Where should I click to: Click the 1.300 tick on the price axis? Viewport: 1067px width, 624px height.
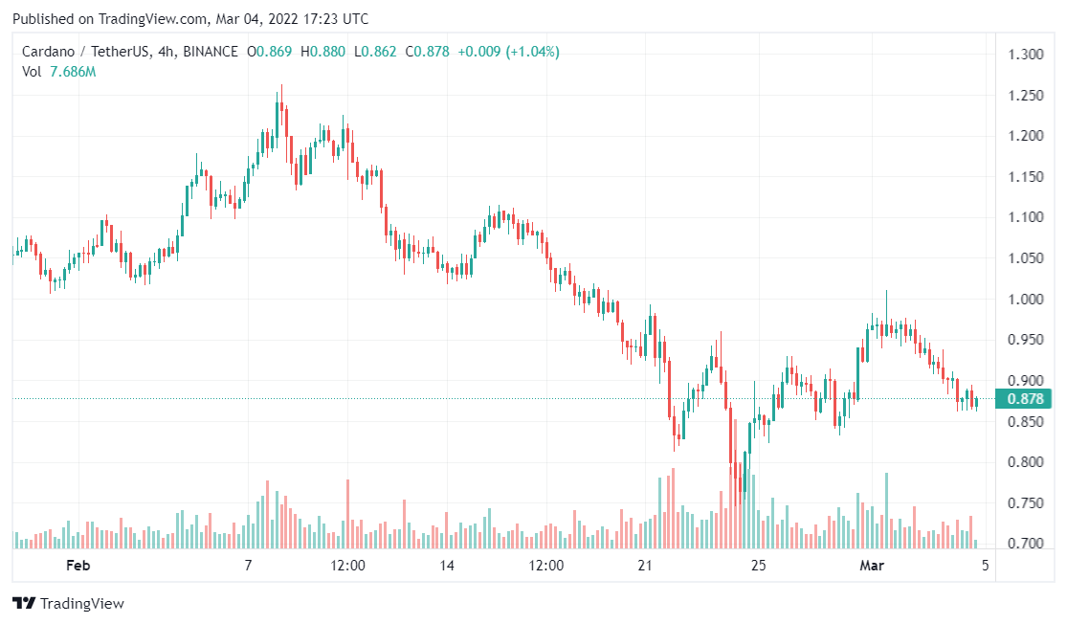[1026, 54]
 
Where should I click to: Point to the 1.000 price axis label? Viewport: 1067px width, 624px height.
[1026, 299]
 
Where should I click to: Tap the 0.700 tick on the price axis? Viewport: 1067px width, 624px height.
[1026, 544]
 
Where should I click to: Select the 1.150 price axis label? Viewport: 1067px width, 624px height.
[1026, 176]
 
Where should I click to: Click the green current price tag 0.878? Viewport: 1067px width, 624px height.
[1023, 398]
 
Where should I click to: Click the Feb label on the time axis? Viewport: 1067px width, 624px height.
[78, 566]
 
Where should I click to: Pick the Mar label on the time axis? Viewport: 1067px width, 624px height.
[871, 566]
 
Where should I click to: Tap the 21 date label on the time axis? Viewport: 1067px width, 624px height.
[645, 566]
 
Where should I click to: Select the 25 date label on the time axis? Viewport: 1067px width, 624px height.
[759, 566]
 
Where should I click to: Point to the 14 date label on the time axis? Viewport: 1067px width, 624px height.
[447, 566]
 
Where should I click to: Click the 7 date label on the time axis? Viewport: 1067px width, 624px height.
[248, 566]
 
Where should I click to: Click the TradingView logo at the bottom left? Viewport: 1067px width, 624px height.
[68, 604]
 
